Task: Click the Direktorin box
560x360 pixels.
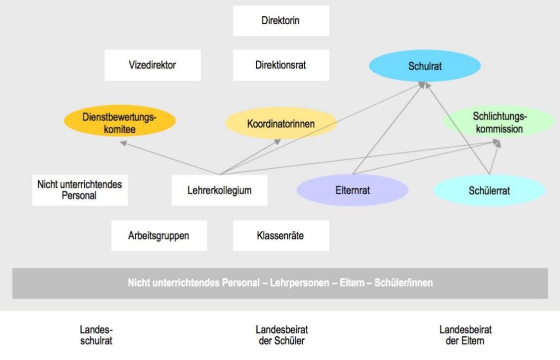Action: click(x=281, y=21)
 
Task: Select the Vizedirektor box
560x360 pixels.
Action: click(x=153, y=65)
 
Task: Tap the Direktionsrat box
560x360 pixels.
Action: click(x=281, y=65)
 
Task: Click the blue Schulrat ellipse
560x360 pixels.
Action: click(x=425, y=66)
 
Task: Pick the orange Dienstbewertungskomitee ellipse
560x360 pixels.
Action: click(x=119, y=121)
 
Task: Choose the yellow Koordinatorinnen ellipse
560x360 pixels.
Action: click(x=281, y=123)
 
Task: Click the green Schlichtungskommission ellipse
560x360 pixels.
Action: click(x=499, y=122)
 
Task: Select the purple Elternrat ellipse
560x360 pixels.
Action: click(x=352, y=190)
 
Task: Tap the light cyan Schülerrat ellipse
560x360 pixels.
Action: click(x=489, y=191)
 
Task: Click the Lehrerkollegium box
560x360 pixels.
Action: click(x=219, y=190)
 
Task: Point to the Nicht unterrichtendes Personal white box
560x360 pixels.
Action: click(x=80, y=190)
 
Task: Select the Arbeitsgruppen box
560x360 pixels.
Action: click(x=159, y=236)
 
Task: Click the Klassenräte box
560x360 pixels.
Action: click(x=281, y=236)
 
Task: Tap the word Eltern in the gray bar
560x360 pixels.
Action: click(x=352, y=283)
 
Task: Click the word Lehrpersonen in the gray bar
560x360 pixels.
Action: click(x=299, y=283)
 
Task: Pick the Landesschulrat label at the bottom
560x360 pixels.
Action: click(x=96, y=335)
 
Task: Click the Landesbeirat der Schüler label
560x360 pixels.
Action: click(x=282, y=335)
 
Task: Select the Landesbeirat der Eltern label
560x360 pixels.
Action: click(x=465, y=335)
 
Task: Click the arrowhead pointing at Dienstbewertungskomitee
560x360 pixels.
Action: click(x=123, y=143)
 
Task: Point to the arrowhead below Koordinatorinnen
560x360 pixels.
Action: click(x=277, y=142)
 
